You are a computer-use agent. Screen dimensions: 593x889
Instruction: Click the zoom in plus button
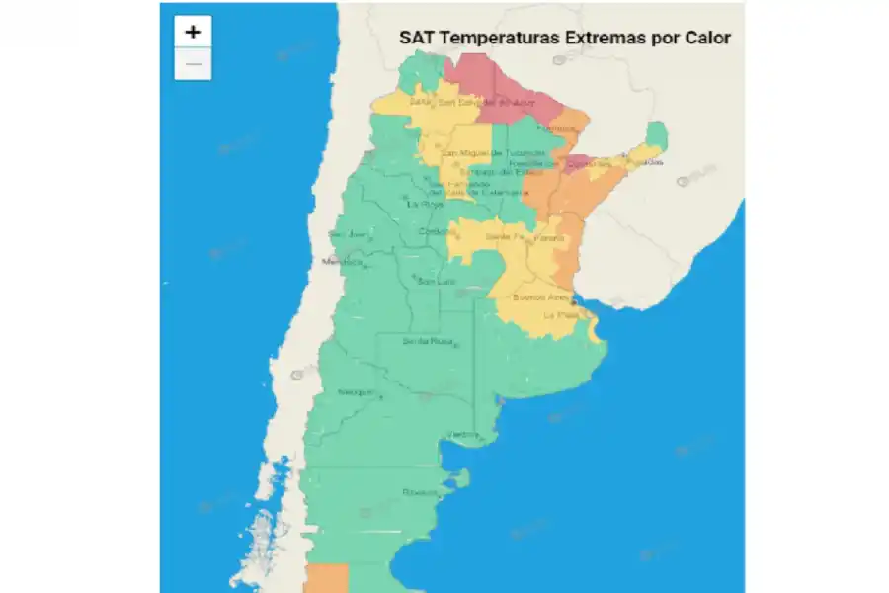[193, 32]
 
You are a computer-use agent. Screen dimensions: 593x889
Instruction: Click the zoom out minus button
[193, 64]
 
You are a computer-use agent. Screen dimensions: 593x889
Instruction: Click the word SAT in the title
[417, 39]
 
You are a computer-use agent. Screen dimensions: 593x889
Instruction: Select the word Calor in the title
[708, 39]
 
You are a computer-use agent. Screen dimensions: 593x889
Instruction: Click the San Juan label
[347, 234]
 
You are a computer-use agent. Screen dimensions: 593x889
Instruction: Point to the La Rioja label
[427, 204]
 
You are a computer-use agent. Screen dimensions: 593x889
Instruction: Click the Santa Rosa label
[428, 341]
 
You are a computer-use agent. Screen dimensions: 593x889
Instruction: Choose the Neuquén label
[356, 392]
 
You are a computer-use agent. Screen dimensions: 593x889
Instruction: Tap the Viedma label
[462, 434]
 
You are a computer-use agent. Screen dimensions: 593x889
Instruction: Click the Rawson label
[420, 491]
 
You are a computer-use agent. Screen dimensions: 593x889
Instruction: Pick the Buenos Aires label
[541, 296]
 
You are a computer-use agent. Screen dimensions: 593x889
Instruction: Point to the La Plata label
[560, 315]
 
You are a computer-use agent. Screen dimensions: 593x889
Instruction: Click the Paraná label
[549, 238]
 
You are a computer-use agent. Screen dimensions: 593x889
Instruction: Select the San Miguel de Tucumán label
[492, 153]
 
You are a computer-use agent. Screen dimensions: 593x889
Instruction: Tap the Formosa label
[555, 127]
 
